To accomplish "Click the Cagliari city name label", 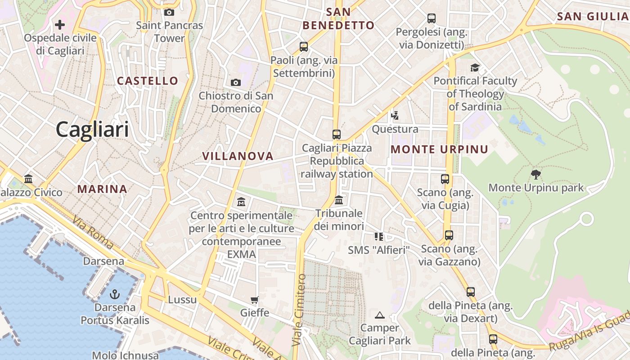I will [x=92, y=130].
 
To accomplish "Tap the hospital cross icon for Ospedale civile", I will [x=60, y=24].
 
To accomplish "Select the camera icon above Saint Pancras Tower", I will [x=169, y=12].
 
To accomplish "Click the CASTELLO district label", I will [x=148, y=81].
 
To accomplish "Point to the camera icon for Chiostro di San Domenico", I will [x=235, y=82].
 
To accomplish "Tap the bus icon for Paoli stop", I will [x=304, y=46].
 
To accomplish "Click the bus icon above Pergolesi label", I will [x=432, y=18].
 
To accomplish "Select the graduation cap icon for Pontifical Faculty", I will [x=475, y=67].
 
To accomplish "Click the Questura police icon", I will [x=395, y=116].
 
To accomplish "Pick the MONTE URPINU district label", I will [x=440, y=149].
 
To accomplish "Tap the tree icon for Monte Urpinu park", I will [x=535, y=174].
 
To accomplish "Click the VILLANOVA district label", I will [x=238, y=156].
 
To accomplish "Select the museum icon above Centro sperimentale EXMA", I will [x=241, y=202].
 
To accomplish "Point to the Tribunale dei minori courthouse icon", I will [x=339, y=199].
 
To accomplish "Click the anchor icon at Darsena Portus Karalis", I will [x=115, y=294].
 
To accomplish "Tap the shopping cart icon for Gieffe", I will [x=255, y=300].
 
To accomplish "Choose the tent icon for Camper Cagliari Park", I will [x=380, y=315].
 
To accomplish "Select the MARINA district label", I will [x=102, y=189].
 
